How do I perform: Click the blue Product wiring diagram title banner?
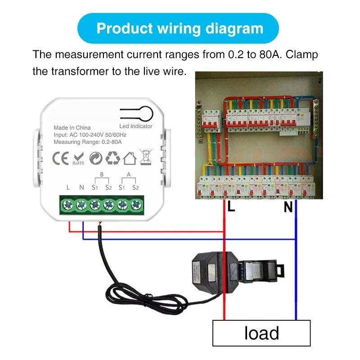pos(180,28)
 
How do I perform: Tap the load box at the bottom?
pos(261,333)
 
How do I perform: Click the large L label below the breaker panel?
pos(231,207)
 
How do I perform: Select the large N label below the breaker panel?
pos(288,207)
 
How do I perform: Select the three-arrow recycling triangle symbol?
pos(112,157)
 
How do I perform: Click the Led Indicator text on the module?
pos(136,126)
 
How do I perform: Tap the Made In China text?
pos(72,128)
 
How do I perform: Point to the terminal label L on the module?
pos(68,187)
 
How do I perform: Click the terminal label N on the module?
pos(81,187)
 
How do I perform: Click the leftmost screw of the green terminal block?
pos(68,205)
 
